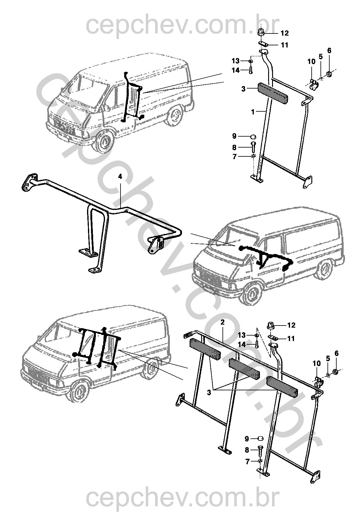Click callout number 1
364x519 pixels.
tap(253, 112)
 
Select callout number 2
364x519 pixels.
tap(222, 322)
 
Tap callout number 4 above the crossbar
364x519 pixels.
tap(120, 176)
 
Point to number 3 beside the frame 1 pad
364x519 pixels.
tap(243, 89)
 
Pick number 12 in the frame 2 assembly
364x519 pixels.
tap(292, 325)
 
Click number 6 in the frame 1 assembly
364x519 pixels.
tap(329, 51)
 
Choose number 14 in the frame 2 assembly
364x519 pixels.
tap(242, 345)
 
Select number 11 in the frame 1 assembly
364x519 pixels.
tap(285, 45)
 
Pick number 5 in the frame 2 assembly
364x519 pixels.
tap(328, 359)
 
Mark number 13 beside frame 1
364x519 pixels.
tap(236, 61)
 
